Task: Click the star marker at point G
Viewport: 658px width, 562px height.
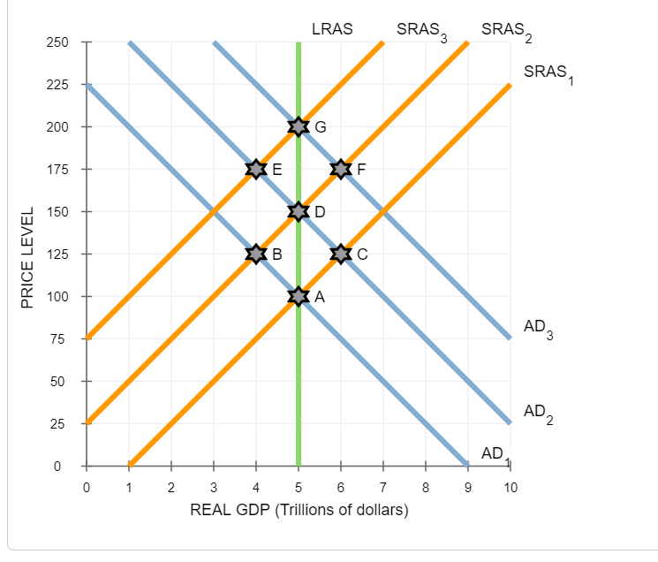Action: point(299,126)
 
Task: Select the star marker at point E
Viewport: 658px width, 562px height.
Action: point(256,169)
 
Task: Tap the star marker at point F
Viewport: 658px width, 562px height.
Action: point(341,169)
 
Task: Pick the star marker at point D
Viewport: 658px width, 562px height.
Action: point(299,211)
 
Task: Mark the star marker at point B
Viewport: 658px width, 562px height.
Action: point(256,254)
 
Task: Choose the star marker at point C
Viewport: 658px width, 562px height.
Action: point(341,254)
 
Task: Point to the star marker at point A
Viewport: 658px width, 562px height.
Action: point(299,296)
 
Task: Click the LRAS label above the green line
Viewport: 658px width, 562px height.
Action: point(332,28)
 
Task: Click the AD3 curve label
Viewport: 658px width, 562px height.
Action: point(539,330)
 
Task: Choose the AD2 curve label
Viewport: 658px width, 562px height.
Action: point(539,414)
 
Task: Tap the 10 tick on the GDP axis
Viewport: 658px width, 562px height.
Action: point(510,487)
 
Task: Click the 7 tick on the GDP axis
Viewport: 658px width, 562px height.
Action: point(383,487)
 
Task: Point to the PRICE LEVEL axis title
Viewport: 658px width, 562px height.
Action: point(27,257)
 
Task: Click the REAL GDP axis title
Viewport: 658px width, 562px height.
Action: point(299,510)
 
